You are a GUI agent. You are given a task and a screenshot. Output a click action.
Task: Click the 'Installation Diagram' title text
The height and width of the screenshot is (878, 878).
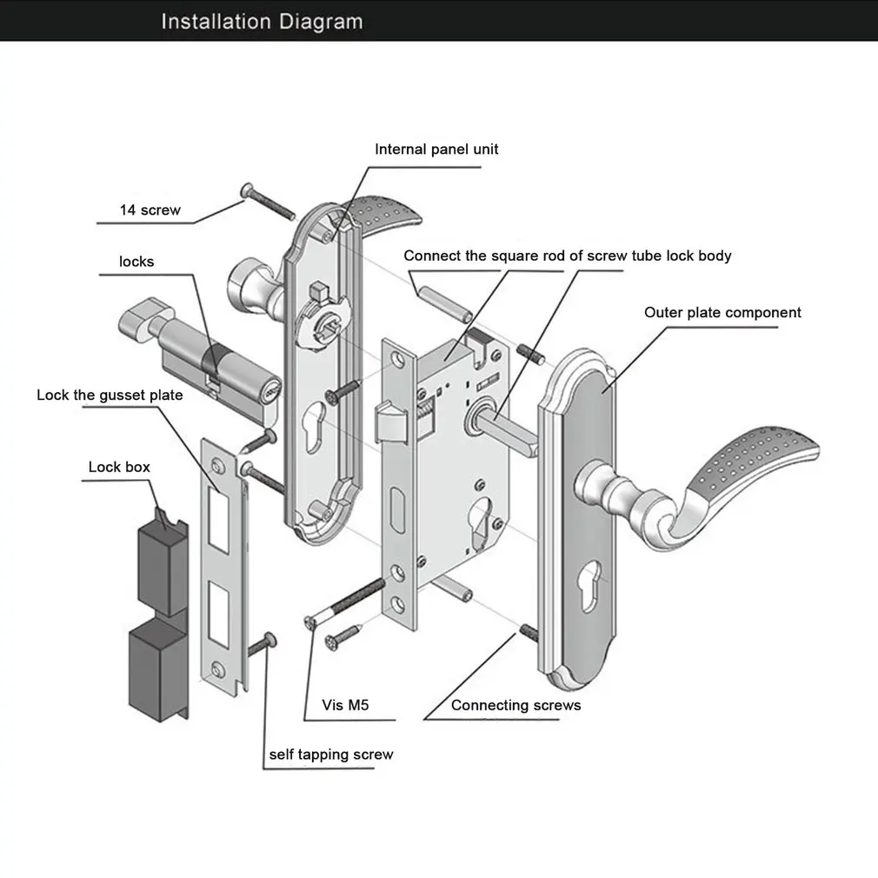pos(262,22)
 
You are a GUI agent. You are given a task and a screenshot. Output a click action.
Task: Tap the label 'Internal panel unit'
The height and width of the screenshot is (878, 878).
pos(436,149)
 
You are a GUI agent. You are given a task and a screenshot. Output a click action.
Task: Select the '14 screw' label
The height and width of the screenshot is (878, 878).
pos(150,210)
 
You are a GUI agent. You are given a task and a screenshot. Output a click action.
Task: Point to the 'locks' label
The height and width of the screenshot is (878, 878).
pos(136,262)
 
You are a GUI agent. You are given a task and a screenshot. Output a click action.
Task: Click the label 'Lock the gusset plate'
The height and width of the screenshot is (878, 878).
pos(110,396)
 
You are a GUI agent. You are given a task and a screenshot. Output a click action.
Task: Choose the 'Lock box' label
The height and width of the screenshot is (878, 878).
pos(119,467)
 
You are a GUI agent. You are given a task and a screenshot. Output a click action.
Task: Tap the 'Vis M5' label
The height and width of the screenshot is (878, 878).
pos(345,705)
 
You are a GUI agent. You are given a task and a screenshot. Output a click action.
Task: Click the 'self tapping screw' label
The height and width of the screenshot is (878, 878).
pos(331,755)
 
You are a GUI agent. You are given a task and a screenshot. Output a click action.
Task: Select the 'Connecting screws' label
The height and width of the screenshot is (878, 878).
pos(515,705)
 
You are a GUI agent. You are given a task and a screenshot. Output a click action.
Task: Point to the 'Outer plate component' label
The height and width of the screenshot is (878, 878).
pos(722,312)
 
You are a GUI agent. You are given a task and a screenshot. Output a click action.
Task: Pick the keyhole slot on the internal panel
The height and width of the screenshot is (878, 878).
pos(314,426)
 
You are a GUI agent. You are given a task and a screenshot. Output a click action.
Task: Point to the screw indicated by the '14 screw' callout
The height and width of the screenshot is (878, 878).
pos(268,201)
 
